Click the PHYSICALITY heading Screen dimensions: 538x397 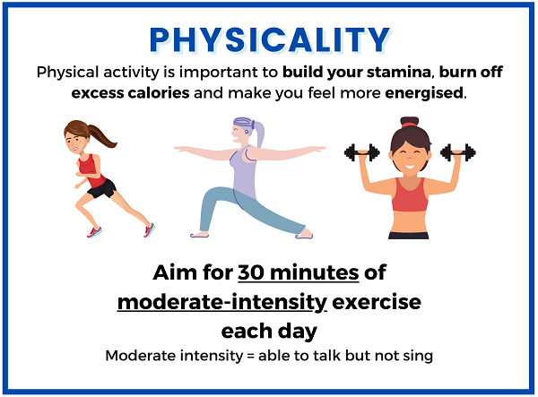[x=270, y=39]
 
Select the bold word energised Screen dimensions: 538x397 [x=424, y=93]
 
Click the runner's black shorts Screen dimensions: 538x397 [x=102, y=189]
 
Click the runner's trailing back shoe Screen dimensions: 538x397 [x=150, y=229]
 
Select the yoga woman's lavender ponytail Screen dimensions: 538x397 [x=259, y=133]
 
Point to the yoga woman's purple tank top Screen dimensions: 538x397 [x=244, y=171]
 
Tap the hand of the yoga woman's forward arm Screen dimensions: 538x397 [x=180, y=149]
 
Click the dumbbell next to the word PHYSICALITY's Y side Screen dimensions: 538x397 [x=458, y=153]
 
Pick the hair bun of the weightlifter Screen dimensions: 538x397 [x=410, y=122]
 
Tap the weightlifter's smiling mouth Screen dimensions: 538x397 [x=410, y=167]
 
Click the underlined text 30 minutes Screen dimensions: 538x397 [x=299, y=273]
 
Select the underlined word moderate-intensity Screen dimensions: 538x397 [x=222, y=303]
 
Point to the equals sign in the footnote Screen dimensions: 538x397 [x=251, y=356]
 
